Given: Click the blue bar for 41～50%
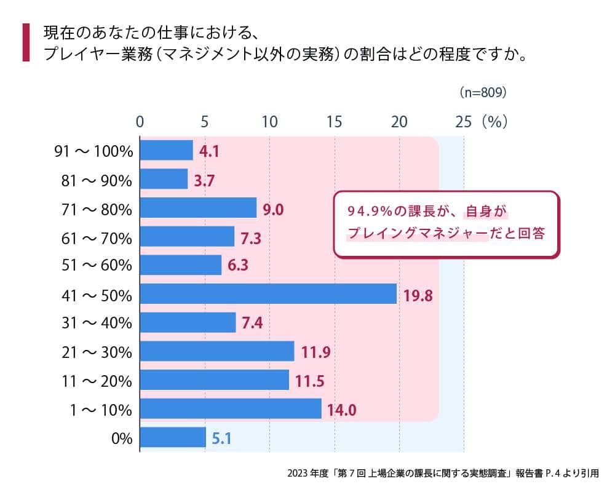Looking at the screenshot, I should [x=268, y=294].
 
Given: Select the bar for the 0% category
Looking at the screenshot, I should [x=173, y=438].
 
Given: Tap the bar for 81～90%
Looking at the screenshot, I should [x=164, y=179].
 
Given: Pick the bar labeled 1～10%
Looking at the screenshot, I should [x=231, y=409].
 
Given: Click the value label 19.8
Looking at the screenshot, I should [x=418, y=295].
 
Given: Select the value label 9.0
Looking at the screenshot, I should [x=273, y=209].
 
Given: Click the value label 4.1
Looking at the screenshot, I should [x=210, y=151].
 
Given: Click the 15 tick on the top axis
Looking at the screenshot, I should [x=334, y=121].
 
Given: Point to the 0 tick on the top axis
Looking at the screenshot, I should [x=140, y=121].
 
